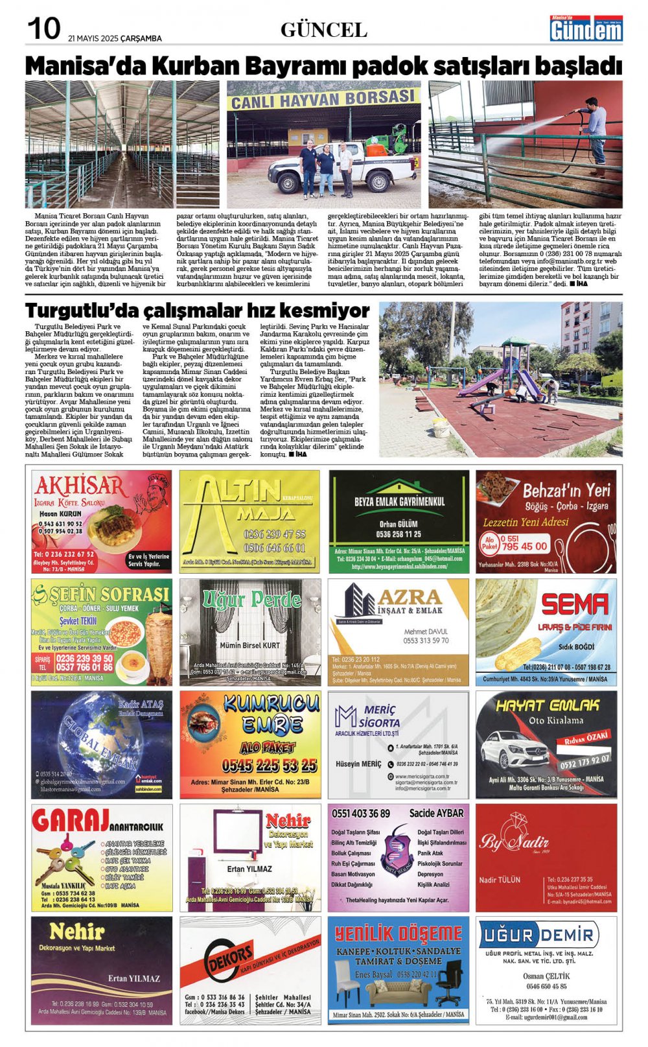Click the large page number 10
43,29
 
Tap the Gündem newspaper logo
586,29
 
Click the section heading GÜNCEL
323,30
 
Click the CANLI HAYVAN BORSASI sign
322,99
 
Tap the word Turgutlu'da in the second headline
82,310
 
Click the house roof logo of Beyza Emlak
399,486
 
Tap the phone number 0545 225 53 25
269,765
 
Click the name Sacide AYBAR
436,813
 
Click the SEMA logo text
574,604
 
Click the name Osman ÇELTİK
546,976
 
